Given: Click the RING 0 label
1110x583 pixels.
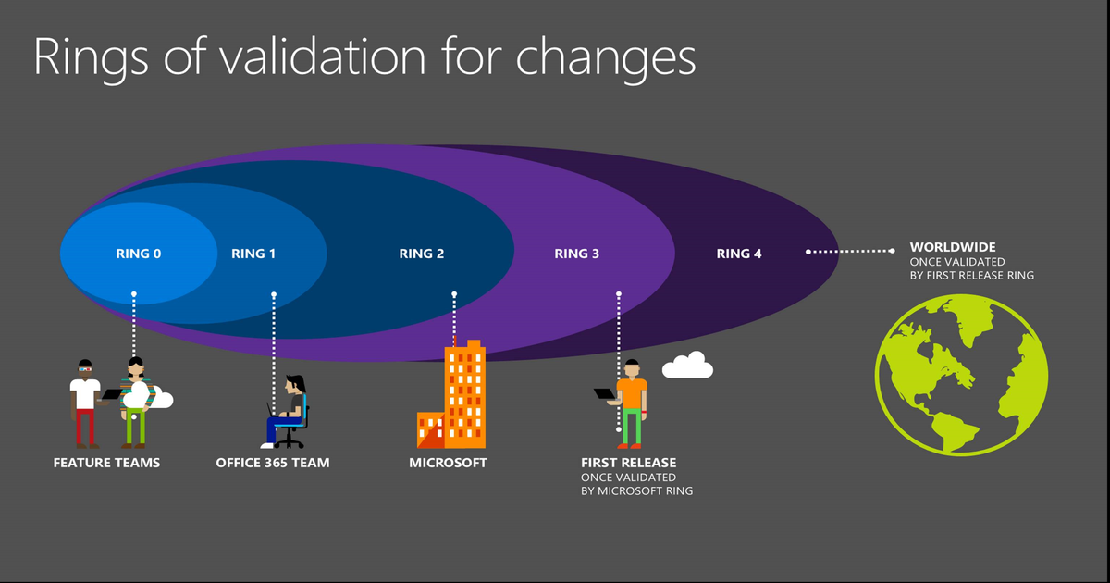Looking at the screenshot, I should pyautogui.click(x=139, y=254).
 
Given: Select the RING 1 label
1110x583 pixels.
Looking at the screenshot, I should pyautogui.click(x=253, y=254).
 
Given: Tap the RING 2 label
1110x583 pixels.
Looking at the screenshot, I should pyautogui.click(x=422, y=254).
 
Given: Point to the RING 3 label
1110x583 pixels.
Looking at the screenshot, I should pyautogui.click(x=577, y=254).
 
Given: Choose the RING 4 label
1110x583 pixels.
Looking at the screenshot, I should pyautogui.click(x=739, y=254).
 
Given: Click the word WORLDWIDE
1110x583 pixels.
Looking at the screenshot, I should pyautogui.click(x=953, y=248).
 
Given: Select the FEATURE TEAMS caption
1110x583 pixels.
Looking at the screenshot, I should pyautogui.click(x=106, y=463).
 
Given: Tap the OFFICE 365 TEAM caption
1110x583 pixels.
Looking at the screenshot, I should pyautogui.click(x=273, y=463).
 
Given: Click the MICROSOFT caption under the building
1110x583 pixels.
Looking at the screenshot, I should pyautogui.click(x=448, y=463).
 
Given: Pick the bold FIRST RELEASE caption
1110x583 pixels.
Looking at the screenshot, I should pyautogui.click(x=628, y=463).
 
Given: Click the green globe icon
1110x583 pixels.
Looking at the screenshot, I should pyautogui.click(x=961, y=374).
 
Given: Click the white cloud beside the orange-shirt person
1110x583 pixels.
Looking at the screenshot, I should pyautogui.click(x=687, y=366).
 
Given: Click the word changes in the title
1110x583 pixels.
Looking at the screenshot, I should pyautogui.click(x=605, y=57).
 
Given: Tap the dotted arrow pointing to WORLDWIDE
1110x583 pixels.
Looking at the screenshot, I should pyautogui.click(x=851, y=251).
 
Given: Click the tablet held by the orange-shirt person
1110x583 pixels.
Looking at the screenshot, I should pyautogui.click(x=605, y=393).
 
